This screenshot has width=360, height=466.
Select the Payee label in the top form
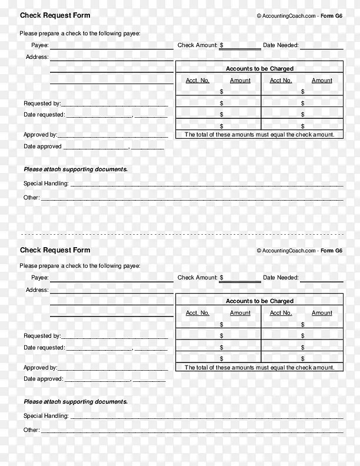[39, 45]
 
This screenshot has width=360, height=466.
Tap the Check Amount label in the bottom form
[198, 278]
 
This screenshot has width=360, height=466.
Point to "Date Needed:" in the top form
[281, 45]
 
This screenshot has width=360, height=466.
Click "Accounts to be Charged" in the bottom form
[259, 301]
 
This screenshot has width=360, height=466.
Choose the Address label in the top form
[36, 57]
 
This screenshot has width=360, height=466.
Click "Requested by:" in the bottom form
[42, 336]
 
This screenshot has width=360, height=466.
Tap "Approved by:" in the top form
[40, 135]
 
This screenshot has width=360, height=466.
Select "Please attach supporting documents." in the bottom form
[75, 402]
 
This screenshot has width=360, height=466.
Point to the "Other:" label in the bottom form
[31, 430]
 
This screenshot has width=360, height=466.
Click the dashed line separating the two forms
[180, 234]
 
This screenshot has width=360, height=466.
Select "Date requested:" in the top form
[44, 115]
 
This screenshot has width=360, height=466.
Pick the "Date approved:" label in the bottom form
[42, 379]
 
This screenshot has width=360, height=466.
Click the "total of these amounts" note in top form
[259, 135]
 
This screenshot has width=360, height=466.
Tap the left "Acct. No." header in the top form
[198, 81]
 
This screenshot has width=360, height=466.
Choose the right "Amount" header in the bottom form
[322, 313]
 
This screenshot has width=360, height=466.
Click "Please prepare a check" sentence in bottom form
[80, 266]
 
